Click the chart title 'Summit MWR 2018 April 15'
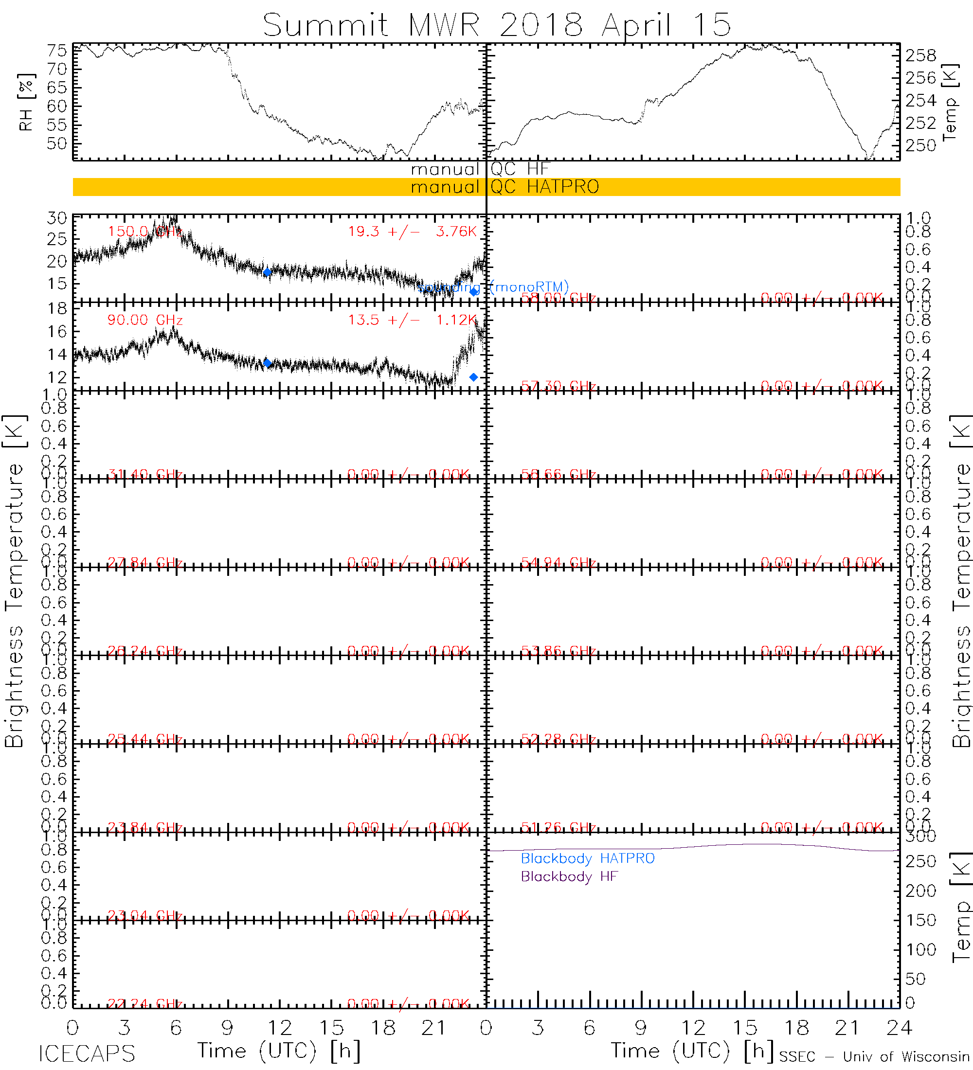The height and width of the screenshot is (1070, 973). pos(497,24)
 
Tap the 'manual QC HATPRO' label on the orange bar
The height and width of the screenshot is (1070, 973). pos(505,187)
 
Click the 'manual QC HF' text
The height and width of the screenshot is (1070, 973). pos(479,169)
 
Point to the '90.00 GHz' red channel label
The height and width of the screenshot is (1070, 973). pos(145,320)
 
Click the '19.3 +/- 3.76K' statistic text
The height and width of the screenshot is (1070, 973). pos(412,232)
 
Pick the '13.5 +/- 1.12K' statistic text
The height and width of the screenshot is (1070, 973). pos(412,320)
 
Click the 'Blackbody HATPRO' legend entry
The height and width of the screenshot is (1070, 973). pos(587,858)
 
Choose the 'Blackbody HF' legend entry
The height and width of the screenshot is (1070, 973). pos(569,876)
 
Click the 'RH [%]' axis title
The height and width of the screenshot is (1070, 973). pos(26,102)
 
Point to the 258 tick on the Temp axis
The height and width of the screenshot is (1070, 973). pos(920,55)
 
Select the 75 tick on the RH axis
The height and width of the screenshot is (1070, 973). pos(57,51)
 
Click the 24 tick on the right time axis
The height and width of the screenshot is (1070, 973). pos(899,1028)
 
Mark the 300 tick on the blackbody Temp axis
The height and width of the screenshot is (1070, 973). pos(920,836)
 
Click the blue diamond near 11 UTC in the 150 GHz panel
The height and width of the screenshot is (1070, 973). pos(268,272)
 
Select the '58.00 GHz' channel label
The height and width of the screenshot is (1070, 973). pos(558,298)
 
